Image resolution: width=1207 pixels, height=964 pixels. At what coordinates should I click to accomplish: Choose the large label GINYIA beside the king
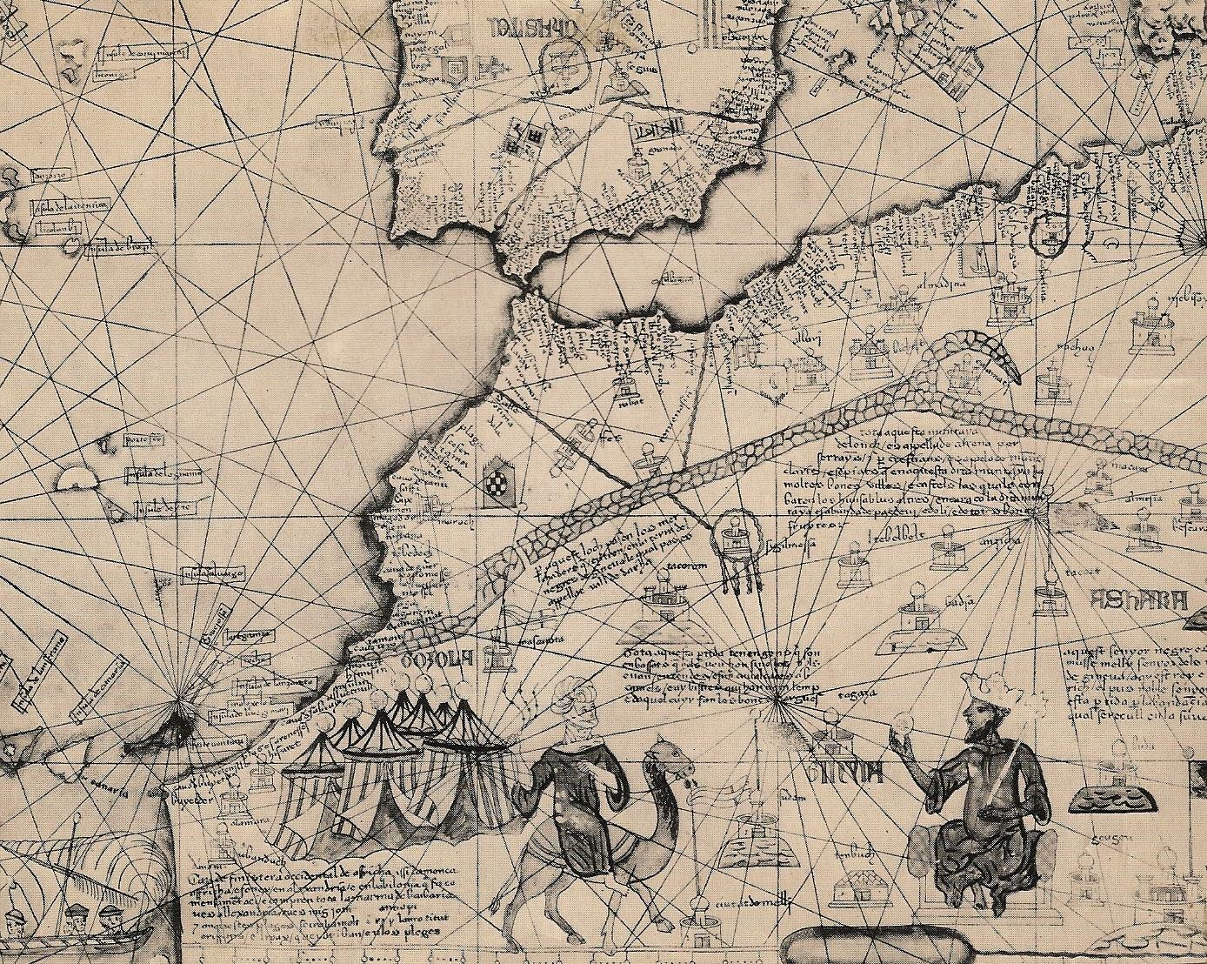pos(844,771)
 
